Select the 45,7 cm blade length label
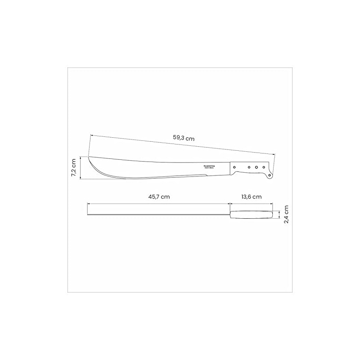pyautogui.click(x=159, y=197)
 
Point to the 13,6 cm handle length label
pyautogui.click(x=251, y=197)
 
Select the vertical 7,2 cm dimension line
pyautogui.click(x=81, y=168)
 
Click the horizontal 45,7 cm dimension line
pyautogui.click(x=159, y=204)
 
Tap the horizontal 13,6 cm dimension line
pyautogui.click(x=251, y=204)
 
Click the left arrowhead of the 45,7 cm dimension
pyautogui.click(x=88, y=204)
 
